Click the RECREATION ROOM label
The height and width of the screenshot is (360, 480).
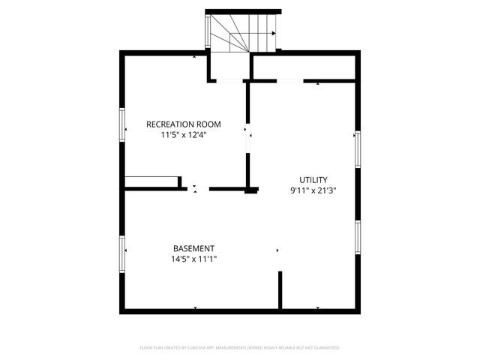[x=183, y=124]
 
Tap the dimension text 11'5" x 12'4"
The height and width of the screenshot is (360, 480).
[x=183, y=136]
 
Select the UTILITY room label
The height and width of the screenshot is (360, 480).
[x=313, y=179]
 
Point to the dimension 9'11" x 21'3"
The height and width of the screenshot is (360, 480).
[x=313, y=190]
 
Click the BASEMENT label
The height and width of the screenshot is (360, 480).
[x=193, y=248]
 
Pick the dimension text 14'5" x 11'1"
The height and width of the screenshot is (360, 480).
[x=193, y=259]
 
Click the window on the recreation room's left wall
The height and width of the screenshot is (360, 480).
[x=122, y=124]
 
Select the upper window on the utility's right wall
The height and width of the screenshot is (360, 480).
[x=358, y=149]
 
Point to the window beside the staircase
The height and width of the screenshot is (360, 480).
[x=209, y=33]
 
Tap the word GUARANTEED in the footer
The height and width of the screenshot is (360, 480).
[x=325, y=348]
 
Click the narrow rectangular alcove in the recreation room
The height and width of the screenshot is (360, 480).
[x=151, y=181]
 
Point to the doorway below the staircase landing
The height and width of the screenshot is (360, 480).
[x=229, y=79]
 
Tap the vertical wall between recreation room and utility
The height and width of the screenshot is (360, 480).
[x=248, y=135]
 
